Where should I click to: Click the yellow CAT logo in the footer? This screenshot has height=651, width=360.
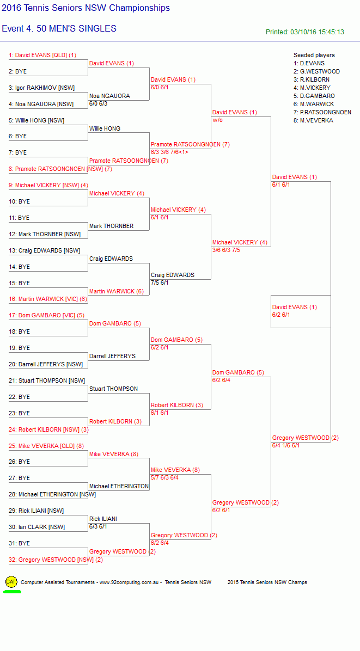coord(11,582)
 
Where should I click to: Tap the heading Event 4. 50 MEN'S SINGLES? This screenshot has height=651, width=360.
coord(59,29)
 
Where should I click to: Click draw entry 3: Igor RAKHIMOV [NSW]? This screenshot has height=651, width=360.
coord(41,88)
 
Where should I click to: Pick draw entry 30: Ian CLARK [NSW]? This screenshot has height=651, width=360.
coord(36,527)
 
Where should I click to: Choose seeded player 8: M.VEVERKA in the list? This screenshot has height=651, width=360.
coord(313,120)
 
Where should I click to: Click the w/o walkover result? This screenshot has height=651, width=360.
coord(218,120)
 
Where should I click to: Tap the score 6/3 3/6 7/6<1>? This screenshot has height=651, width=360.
coord(169,152)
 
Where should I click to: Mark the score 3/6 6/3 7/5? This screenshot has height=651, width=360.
coord(227,250)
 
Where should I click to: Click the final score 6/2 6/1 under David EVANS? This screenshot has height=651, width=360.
coord(281,315)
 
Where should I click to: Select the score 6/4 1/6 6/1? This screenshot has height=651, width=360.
coord(286,445)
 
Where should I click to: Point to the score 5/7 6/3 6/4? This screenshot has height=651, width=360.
coord(165,477)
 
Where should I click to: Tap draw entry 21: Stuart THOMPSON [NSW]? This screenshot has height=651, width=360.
coord(47,380)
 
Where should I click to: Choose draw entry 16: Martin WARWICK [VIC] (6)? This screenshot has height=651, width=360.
coord(48,299)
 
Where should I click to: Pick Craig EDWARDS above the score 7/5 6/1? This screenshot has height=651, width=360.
coord(172,275)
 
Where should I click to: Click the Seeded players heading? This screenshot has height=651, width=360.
coord(314,55)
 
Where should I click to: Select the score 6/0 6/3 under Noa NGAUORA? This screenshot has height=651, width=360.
coord(98,104)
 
